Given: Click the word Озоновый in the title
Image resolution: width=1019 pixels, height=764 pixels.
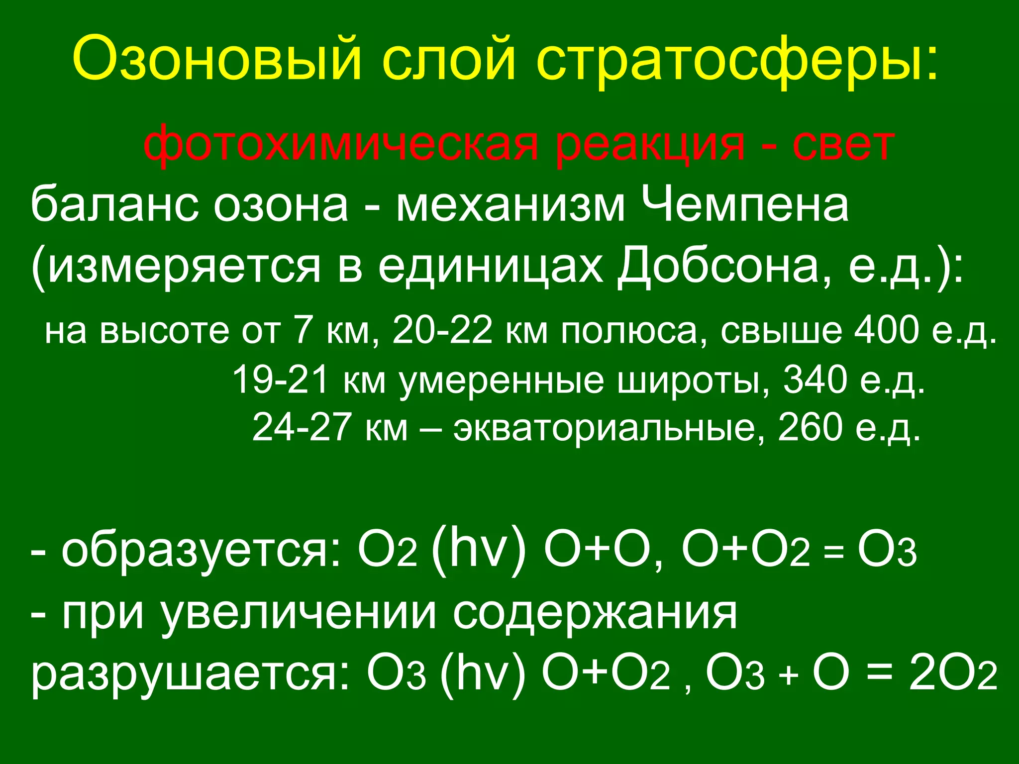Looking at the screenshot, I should point(216,59).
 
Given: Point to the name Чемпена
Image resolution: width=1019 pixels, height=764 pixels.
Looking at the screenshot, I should point(744,205).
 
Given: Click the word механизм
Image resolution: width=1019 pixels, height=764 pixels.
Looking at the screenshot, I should point(509,205).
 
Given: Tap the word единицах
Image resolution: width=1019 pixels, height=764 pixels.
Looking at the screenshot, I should point(490,266).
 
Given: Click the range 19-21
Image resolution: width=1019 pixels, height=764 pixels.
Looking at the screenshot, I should point(280,379).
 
